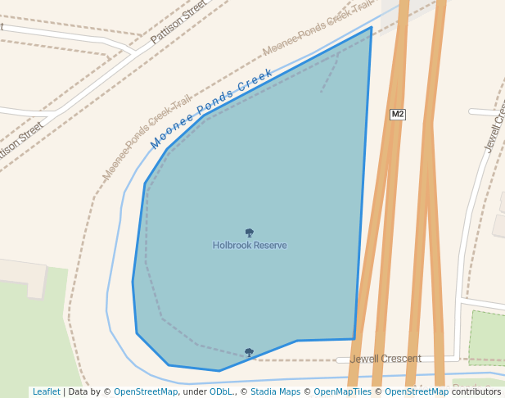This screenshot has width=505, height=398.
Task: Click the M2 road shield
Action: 398,114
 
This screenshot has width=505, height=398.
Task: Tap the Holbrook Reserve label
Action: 250,245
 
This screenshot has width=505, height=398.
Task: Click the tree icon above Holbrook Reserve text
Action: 250,233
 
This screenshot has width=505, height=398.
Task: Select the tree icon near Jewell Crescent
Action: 249,353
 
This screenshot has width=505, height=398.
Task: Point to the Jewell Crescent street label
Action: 386,359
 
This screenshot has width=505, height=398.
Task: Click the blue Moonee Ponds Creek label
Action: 212,109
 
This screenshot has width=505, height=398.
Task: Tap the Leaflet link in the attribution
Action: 46,391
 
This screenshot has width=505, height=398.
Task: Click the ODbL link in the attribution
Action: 220,391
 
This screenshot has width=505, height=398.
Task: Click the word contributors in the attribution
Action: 476,391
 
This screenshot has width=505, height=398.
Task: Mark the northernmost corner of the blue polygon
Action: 372,27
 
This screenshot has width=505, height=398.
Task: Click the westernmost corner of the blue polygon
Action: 133,281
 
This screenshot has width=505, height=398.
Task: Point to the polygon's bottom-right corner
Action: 354,338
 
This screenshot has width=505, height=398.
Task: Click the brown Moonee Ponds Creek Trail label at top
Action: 318,29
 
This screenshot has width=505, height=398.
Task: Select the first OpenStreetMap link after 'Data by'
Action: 145,391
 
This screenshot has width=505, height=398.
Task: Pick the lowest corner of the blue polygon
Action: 219,371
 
